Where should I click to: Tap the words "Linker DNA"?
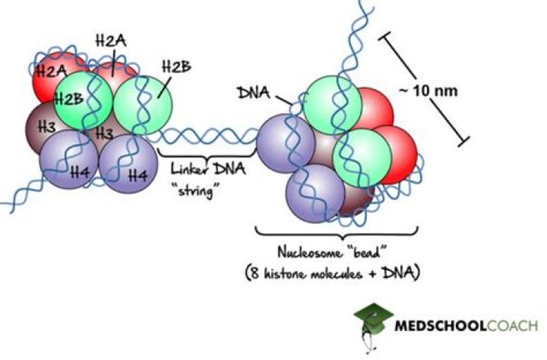(204, 167)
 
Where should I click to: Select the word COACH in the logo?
(511, 327)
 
